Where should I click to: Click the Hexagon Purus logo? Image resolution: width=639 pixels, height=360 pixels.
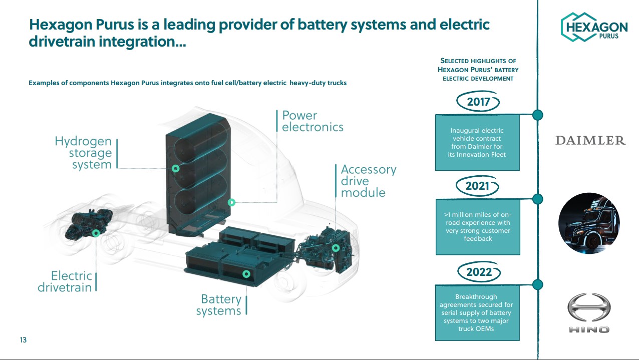594,27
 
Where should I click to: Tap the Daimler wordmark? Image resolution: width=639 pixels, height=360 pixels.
590,141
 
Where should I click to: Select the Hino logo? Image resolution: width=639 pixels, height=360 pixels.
589,313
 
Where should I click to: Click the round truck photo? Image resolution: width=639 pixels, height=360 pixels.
589,223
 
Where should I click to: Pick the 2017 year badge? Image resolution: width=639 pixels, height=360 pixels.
478,103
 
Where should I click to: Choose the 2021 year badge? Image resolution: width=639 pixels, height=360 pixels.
478,186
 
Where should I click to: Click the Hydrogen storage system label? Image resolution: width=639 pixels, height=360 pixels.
83,153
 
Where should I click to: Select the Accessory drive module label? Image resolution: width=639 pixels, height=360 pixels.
368,181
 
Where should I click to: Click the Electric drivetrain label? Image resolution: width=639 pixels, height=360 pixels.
65,281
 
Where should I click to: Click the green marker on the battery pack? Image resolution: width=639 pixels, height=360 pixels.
246,274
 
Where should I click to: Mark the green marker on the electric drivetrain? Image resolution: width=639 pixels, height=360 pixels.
96,233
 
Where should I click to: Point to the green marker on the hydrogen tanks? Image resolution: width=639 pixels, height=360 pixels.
175,169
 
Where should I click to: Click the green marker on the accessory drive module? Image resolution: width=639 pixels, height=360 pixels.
336,248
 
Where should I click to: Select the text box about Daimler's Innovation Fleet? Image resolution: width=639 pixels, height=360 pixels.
477,143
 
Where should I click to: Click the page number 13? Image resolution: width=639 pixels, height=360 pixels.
23,340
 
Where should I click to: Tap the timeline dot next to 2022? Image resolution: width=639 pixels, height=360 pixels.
537,284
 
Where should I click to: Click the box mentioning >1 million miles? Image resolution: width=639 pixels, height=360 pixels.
477,227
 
